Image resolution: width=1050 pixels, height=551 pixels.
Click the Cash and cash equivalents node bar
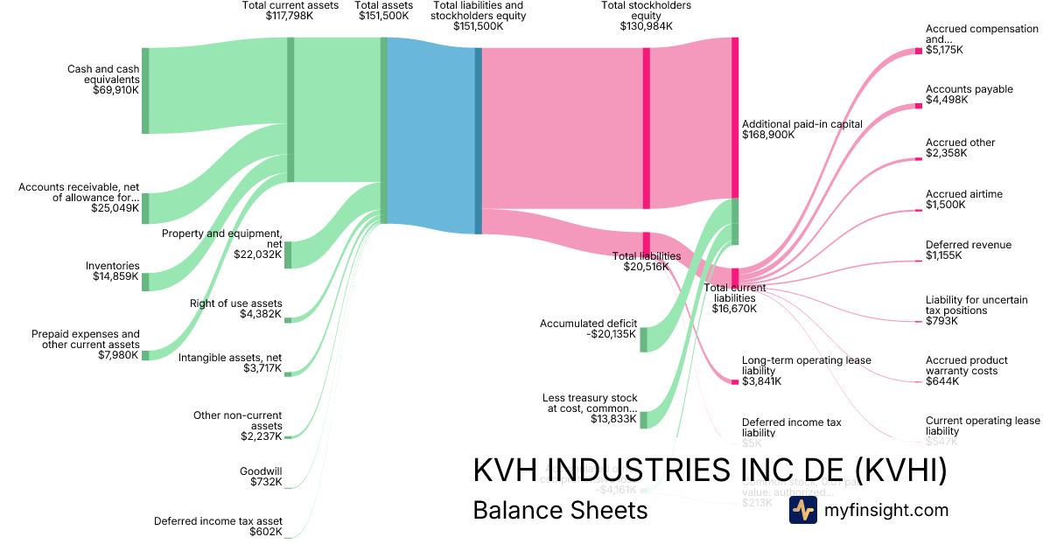pyautogui.click(x=145, y=91)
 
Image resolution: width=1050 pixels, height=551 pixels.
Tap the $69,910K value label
pyautogui.click(x=115, y=90)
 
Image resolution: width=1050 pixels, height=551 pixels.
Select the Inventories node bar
pyautogui.click(x=145, y=282)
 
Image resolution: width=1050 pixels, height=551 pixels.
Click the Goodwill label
pyautogui.click(x=261, y=471)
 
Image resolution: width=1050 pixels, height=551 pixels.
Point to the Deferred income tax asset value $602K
pyautogui.click(x=266, y=532)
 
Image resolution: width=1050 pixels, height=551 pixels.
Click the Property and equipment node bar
pyautogui.click(x=288, y=255)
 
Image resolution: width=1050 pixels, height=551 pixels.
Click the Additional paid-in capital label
pyautogui.click(x=801, y=124)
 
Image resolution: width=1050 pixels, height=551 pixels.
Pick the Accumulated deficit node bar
pyautogui.click(x=643, y=339)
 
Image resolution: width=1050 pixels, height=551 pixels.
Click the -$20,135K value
pyautogui.click(x=612, y=334)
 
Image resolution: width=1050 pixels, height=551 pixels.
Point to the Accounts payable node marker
pyautogui.click(x=919, y=104)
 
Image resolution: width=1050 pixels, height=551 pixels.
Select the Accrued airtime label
pyautogui.click(x=964, y=194)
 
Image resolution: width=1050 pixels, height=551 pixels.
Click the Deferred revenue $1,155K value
pyautogui.click(x=943, y=256)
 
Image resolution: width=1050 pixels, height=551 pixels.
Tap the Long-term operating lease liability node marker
pyautogui.click(x=735, y=382)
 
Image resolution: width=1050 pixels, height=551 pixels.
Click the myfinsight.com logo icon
pyautogui.click(x=802, y=510)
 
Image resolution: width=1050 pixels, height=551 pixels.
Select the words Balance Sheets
pyautogui.click(x=560, y=511)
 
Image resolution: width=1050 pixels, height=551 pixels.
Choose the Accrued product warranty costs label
pyautogui.click(x=966, y=366)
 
